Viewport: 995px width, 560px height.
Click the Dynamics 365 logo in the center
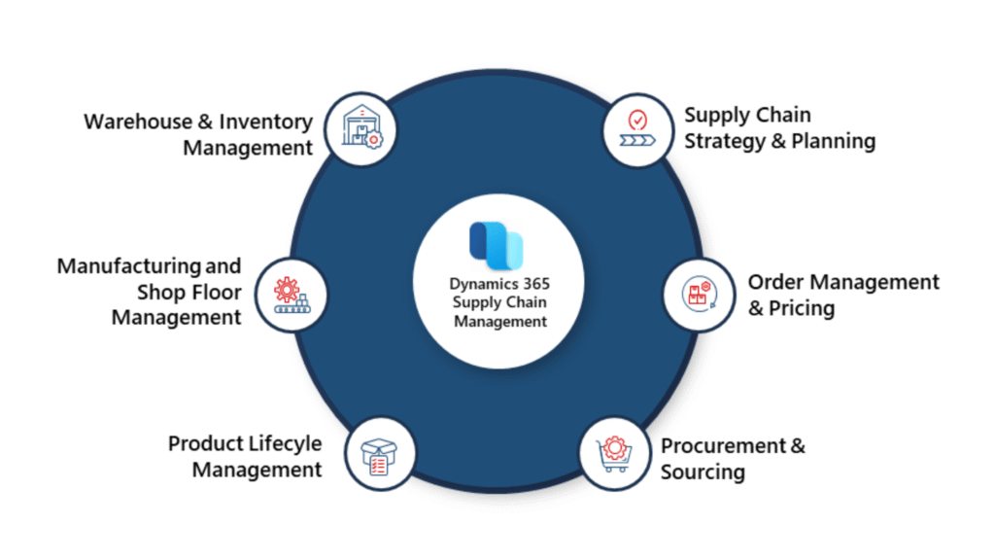click(x=497, y=244)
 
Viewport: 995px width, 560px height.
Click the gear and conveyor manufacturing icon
click(x=292, y=293)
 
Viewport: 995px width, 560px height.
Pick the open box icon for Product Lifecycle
click(x=378, y=454)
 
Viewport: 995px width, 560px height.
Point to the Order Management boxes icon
click(x=698, y=293)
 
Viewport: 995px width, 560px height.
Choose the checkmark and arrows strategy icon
click(x=637, y=131)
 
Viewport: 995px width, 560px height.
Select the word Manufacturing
click(x=117, y=265)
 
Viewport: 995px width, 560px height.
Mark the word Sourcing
click(x=703, y=472)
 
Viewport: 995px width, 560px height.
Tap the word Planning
click(x=833, y=141)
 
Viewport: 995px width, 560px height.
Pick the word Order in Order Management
click(x=775, y=282)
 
